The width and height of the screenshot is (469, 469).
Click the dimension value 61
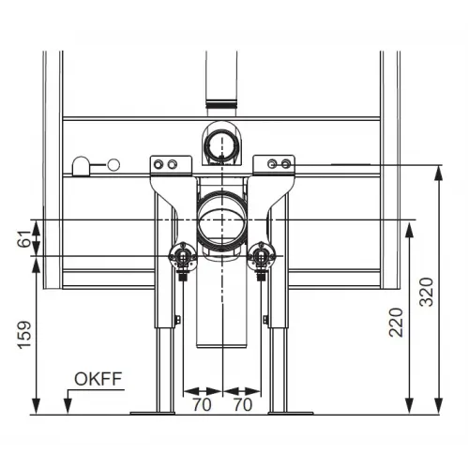click(23, 239)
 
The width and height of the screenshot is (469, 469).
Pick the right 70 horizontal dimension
click(243, 406)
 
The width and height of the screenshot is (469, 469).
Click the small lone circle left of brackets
click(114, 165)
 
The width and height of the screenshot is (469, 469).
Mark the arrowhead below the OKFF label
click(68, 405)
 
